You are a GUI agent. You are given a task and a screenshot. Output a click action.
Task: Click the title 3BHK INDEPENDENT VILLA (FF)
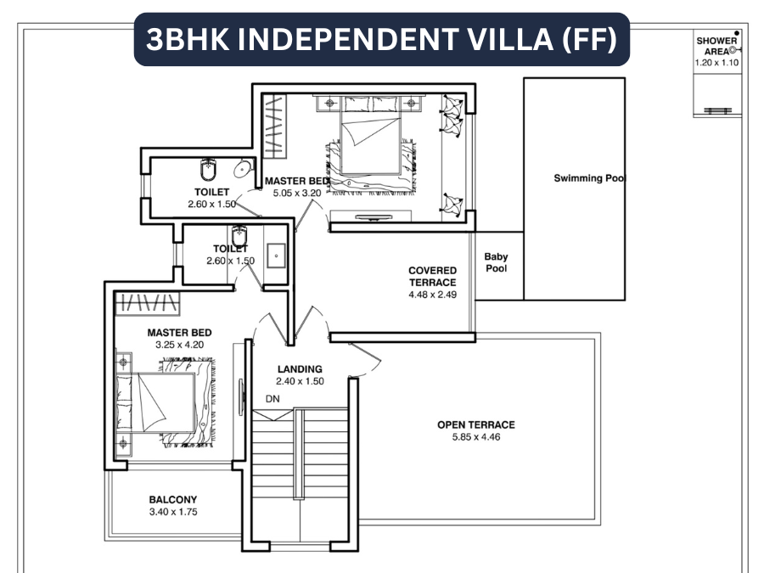click(x=381, y=39)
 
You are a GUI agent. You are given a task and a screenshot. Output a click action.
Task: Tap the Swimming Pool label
click(x=589, y=178)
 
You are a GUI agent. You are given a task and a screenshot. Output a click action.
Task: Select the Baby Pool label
click(x=497, y=263)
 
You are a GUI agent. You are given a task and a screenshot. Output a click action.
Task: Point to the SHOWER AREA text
click(x=716, y=46)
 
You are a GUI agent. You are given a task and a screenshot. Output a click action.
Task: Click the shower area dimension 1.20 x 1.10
click(x=717, y=63)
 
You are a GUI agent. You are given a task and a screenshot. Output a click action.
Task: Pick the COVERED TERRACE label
click(x=432, y=277)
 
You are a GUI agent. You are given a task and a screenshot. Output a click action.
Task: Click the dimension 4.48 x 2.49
click(x=432, y=295)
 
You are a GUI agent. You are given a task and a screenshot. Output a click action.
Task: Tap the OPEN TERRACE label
click(x=475, y=424)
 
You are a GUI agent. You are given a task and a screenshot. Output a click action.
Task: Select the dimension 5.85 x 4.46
click(x=475, y=438)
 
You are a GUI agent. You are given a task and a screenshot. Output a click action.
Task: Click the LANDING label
click(x=301, y=369)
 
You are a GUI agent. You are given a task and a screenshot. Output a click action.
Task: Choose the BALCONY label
click(x=172, y=500)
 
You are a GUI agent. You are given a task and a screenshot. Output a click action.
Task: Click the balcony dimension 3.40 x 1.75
click(x=172, y=513)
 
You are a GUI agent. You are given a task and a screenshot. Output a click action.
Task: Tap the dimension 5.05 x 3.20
click(x=296, y=194)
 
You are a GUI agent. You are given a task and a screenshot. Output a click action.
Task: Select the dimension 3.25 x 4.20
click(x=179, y=345)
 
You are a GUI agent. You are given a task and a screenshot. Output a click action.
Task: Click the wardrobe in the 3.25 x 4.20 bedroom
click(x=149, y=304)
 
